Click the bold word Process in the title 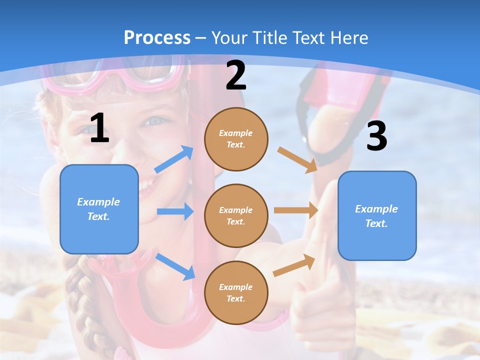[x=157, y=37]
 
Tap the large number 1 [x=99, y=128]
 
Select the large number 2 [x=236, y=75]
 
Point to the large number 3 [x=376, y=136]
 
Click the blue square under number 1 [x=99, y=209]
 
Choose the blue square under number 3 [x=377, y=215]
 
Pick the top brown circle [x=236, y=139]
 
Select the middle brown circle [x=236, y=215]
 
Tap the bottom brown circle [x=236, y=292]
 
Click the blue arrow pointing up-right [x=173, y=159]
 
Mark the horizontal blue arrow [x=174, y=211]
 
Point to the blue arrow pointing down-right [x=175, y=266]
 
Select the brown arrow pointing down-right [x=297, y=160]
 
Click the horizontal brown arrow [x=295, y=210]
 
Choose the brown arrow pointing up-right [x=294, y=265]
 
